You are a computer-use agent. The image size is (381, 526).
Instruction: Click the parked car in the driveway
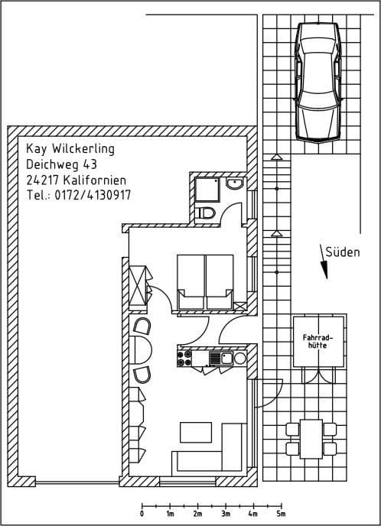pyautogui.click(x=318, y=83)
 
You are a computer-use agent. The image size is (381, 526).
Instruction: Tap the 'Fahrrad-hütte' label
pyautogui.click(x=317, y=341)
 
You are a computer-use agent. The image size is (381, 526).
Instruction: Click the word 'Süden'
pyautogui.click(x=343, y=252)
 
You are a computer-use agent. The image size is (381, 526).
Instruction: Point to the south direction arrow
pyautogui.click(x=324, y=261)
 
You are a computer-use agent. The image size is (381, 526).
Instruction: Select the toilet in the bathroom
pyautogui.click(x=207, y=213)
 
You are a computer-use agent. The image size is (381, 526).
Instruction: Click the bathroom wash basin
pyautogui.click(x=234, y=183)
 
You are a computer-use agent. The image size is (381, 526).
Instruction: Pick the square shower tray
pyautogui.click(x=207, y=190)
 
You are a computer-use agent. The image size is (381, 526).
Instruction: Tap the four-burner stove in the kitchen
pyautogui.click(x=184, y=358)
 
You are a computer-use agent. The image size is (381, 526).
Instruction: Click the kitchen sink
pyautogui.click(x=221, y=359)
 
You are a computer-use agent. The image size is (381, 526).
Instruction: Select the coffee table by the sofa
pyautogui.click(x=196, y=433)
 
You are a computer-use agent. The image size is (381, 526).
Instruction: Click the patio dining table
pyautogui.click(x=311, y=439)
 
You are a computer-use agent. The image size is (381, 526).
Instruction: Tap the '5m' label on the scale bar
pyautogui.click(x=282, y=514)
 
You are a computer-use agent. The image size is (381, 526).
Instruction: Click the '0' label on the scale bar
pyautogui.click(x=142, y=514)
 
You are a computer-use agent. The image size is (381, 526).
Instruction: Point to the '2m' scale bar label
pyautogui.click(x=197, y=514)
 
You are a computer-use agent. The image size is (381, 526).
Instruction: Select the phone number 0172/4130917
pyautogui.click(x=93, y=195)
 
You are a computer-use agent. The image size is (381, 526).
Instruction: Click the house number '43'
pyautogui.click(x=90, y=164)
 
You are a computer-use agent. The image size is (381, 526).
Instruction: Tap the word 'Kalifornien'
pyautogui.click(x=95, y=180)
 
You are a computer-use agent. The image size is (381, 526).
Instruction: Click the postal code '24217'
pyautogui.click(x=42, y=180)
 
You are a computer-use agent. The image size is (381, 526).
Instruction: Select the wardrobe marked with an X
pyautogui.click(x=138, y=285)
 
